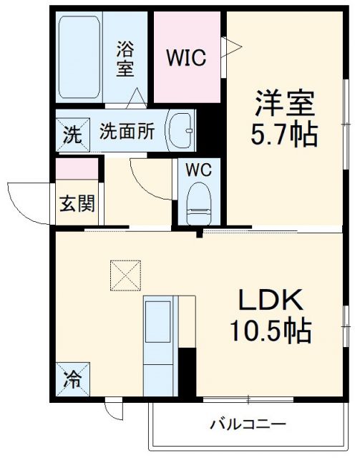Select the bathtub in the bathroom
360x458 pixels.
80,59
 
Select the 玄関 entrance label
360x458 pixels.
76,204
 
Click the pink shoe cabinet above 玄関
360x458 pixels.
77,169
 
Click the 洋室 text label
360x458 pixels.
286,105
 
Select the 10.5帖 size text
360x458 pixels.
270,330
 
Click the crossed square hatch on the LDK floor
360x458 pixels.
126,276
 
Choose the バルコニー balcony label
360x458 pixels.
247,424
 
